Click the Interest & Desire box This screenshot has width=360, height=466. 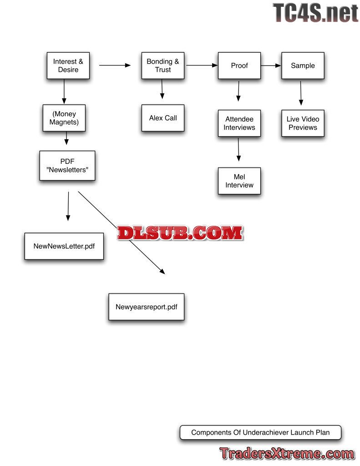point(68,66)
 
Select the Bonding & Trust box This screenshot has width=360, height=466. point(162,66)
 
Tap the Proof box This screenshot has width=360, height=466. point(239,66)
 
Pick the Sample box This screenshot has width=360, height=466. point(303,66)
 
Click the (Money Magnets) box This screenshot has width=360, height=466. point(64,118)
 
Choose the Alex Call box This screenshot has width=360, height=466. point(162,118)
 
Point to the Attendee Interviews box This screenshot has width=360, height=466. point(239,123)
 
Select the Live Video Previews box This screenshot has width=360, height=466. point(303,123)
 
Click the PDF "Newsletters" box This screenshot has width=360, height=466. point(67,165)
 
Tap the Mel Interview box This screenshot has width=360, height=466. point(239,181)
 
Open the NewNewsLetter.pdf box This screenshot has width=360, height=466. point(64,246)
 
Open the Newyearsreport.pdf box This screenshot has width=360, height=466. point(146,307)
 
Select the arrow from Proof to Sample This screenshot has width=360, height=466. point(271,66)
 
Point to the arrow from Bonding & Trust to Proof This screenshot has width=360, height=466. point(202,66)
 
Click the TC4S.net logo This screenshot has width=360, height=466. point(315,13)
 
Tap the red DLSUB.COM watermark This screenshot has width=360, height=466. point(180,233)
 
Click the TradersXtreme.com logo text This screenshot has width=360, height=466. point(287,454)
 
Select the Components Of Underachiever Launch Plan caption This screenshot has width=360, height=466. point(260,432)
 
